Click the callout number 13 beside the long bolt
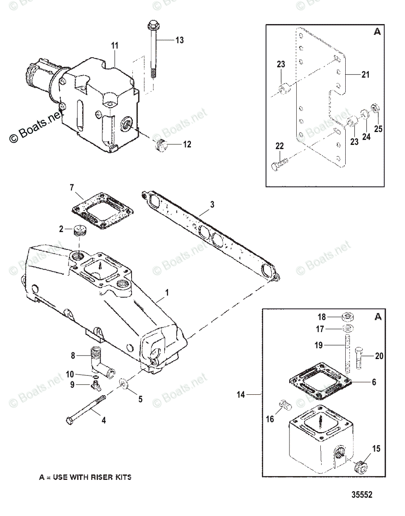point(179,40)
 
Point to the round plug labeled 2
point(80,231)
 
